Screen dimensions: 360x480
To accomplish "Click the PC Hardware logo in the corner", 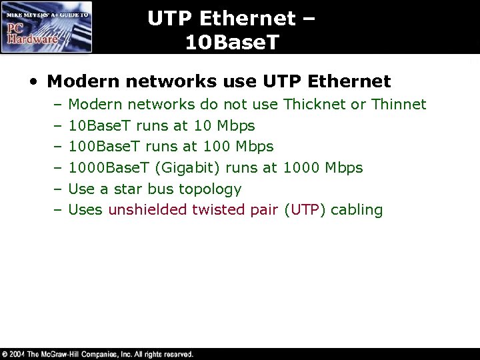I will tap(47, 27).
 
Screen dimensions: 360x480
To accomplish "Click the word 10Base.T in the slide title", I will tap(229, 43).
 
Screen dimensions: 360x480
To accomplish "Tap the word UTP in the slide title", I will tap(175, 18).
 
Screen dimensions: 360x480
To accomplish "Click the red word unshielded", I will tap(147, 211).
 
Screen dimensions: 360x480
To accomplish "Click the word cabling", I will tap(357, 211).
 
